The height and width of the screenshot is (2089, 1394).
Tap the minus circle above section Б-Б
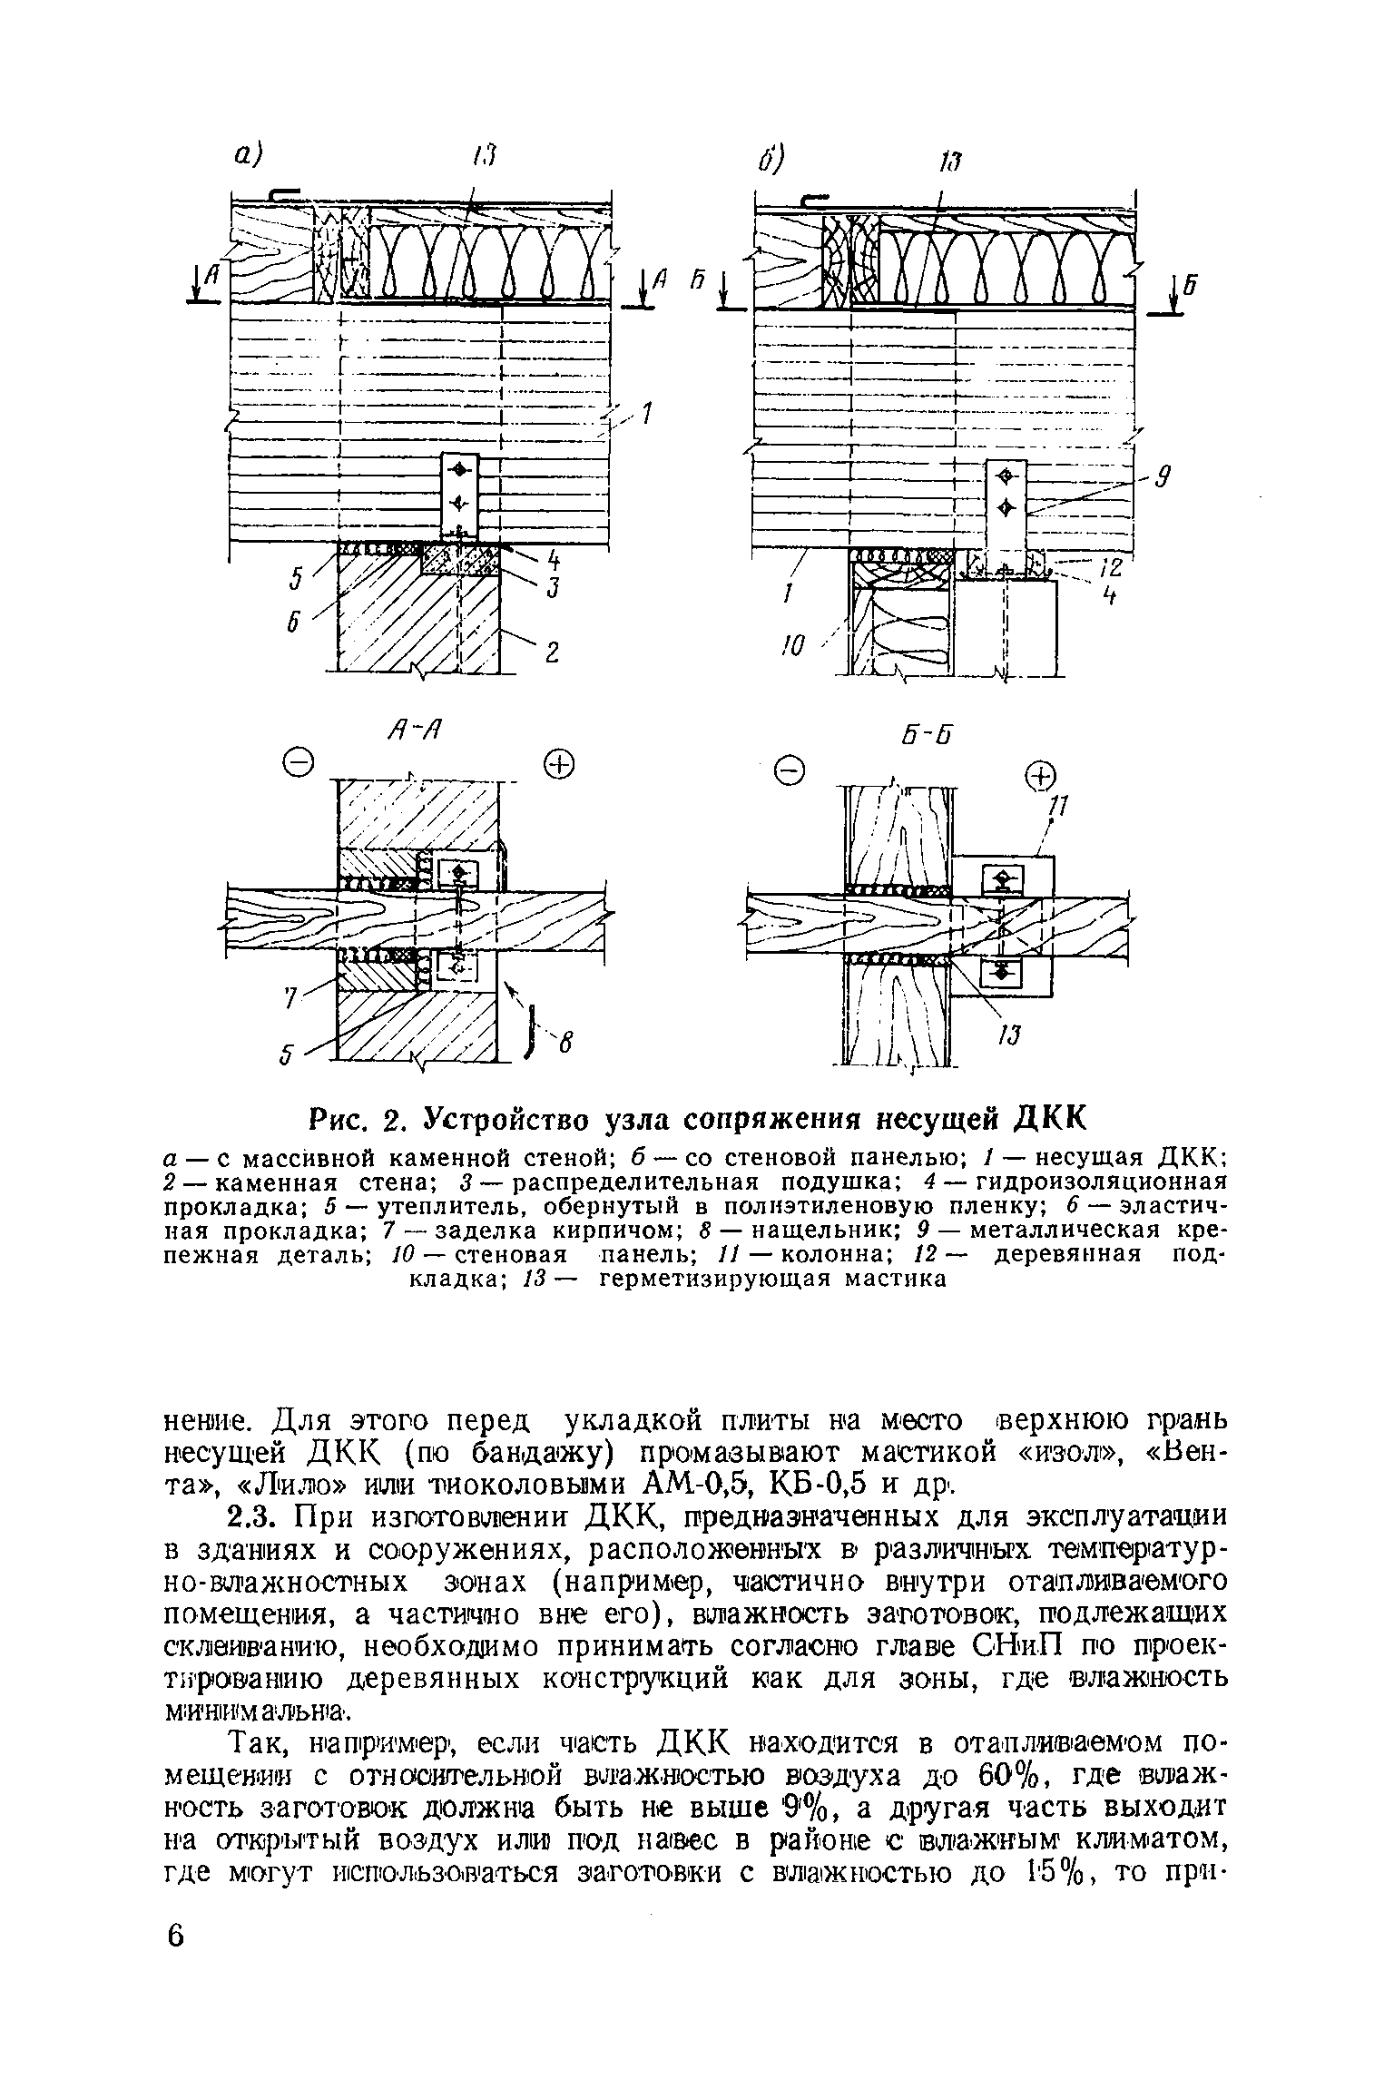tap(793, 772)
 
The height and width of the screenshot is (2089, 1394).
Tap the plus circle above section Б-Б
tap(1040, 777)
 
